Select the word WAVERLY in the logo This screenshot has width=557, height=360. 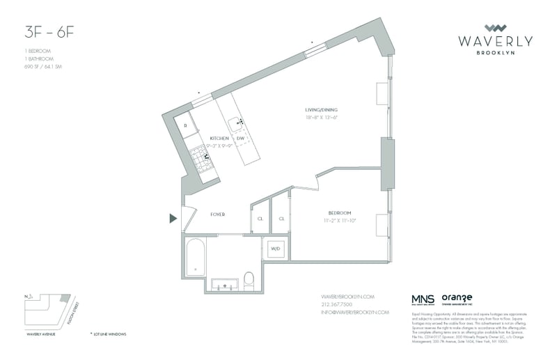coord(495,41)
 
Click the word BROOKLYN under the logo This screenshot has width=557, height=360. coord(495,53)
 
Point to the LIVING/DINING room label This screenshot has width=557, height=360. coord(322,110)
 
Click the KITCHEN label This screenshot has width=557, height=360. coord(219,138)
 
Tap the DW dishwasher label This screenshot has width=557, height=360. coord(240,139)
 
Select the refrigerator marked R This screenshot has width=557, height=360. coord(186,126)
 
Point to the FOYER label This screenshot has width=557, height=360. coord(217,214)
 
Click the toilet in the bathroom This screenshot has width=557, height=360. coord(249,281)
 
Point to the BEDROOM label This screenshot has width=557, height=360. coord(340,212)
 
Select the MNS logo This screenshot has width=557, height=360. coord(422,298)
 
